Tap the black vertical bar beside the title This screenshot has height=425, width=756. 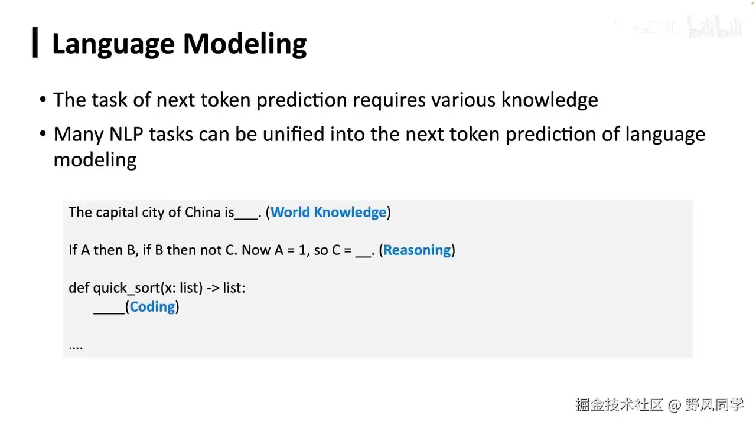tap(35, 42)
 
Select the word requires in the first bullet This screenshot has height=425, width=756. tap(389, 100)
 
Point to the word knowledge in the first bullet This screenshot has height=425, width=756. tap(549, 100)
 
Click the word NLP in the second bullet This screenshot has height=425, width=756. tap(126, 134)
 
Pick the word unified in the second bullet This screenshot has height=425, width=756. tap(294, 134)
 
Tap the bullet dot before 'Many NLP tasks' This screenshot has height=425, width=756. tap(43, 133)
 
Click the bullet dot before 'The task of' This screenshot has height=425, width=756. tap(43, 99)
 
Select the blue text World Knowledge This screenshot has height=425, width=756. tap(328, 212)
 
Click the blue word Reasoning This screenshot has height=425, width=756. tap(417, 250)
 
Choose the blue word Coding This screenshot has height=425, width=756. tap(152, 307)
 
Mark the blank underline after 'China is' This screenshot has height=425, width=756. tap(246, 218)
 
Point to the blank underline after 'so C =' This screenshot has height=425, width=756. tap(363, 256)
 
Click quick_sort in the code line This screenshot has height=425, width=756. tap(126, 288)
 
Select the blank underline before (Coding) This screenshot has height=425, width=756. tap(109, 313)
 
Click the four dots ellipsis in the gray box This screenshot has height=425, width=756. tap(76, 348)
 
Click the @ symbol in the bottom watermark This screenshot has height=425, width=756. tap(674, 405)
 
